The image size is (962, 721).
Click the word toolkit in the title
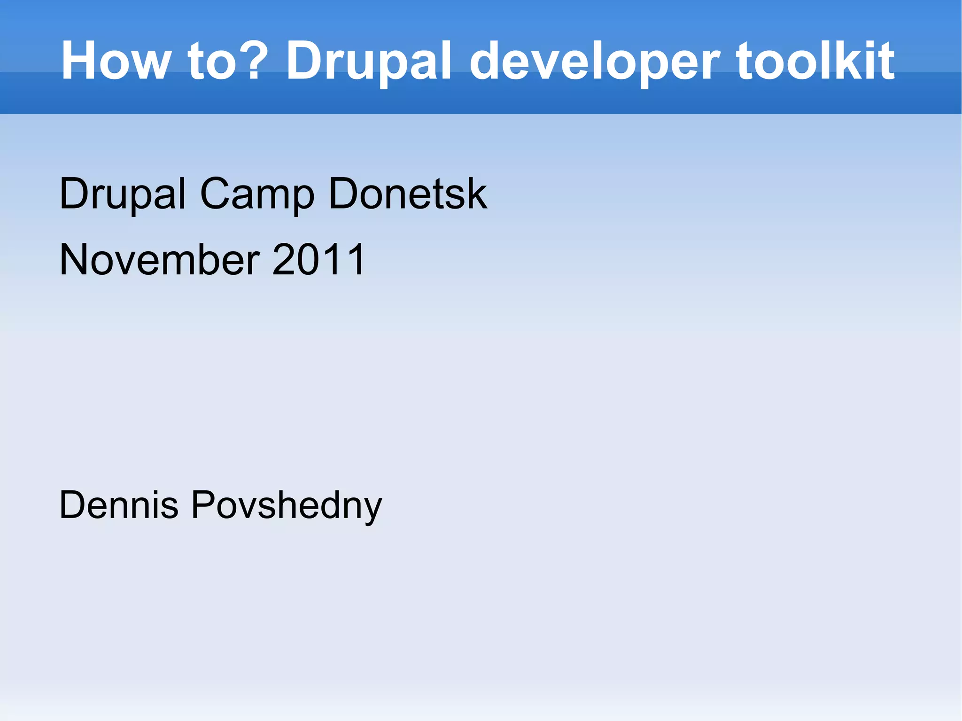click(x=815, y=61)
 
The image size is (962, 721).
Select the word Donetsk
click(x=408, y=193)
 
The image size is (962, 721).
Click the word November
click(x=160, y=259)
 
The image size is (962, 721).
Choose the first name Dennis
click(x=119, y=505)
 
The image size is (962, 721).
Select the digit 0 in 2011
click(x=308, y=259)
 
